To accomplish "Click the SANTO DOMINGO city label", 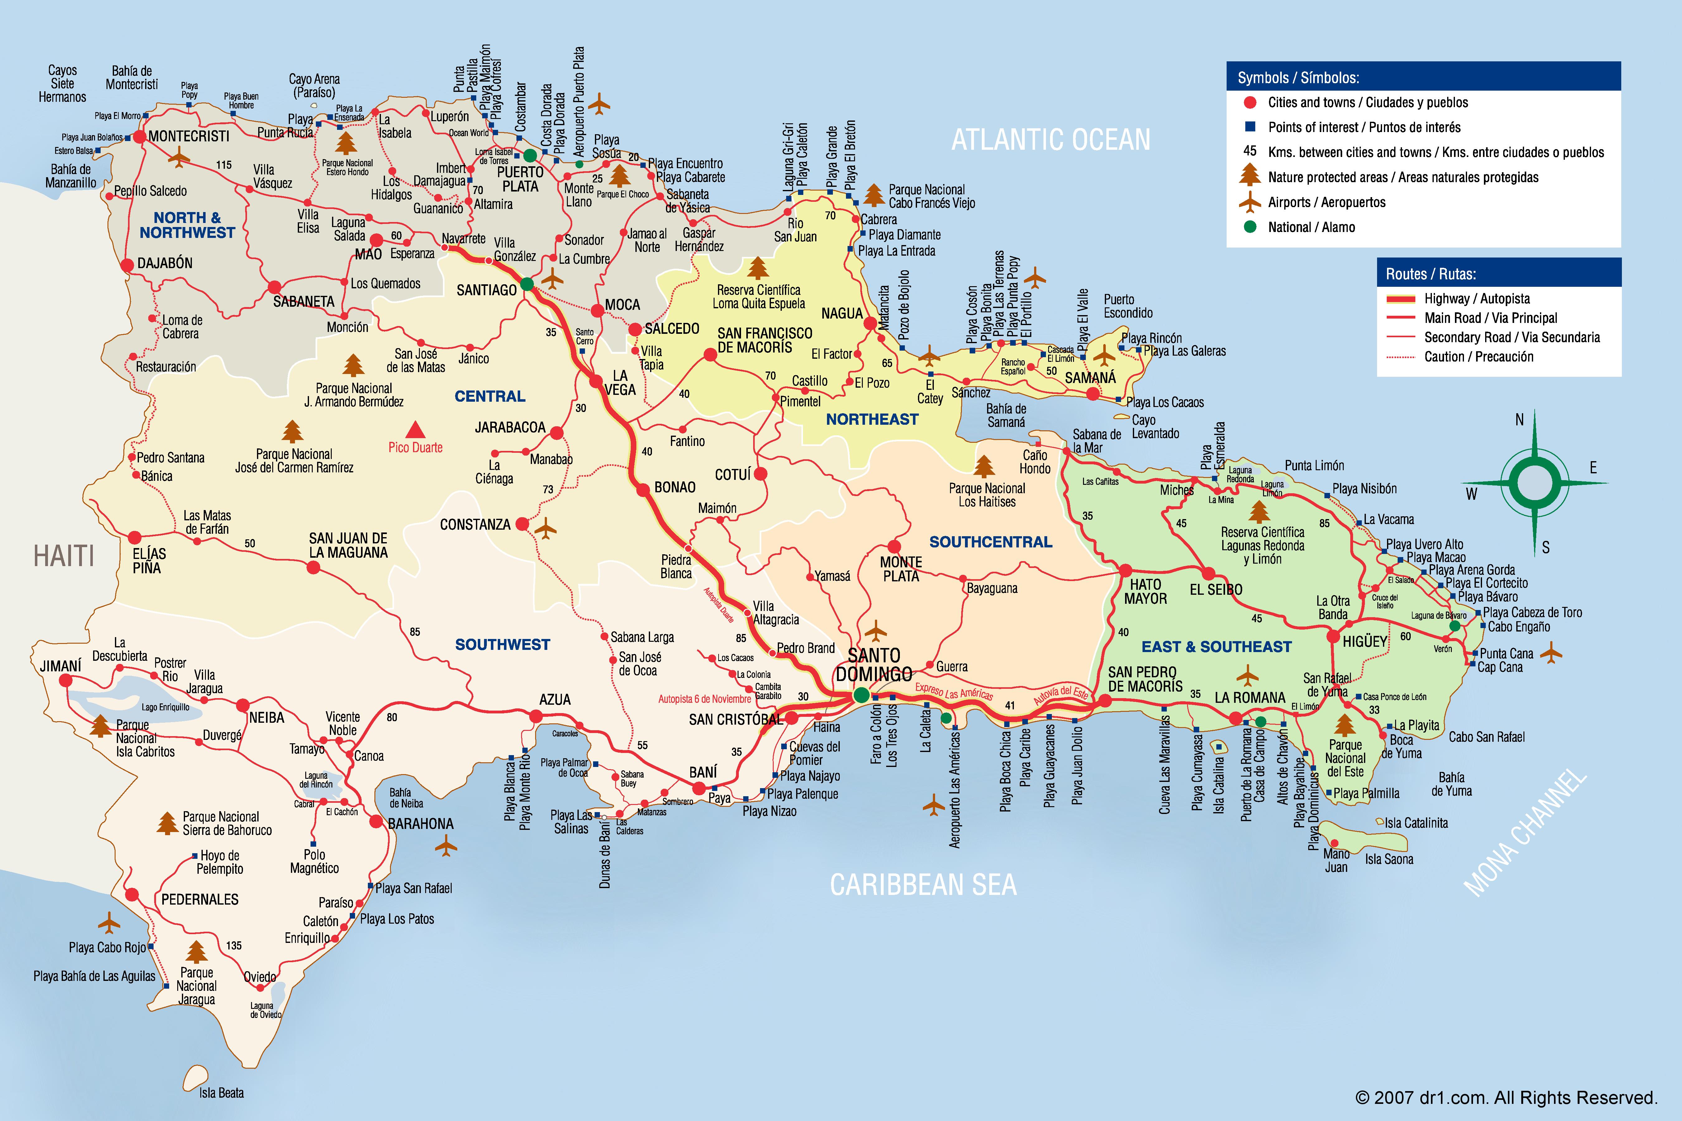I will click(874, 665).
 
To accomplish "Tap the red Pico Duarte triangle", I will click(416, 430).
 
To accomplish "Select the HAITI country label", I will click(64, 556).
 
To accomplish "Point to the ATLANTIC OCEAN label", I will click(1051, 140).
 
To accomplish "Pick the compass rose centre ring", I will click(1534, 483).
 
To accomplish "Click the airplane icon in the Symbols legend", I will click(1249, 202).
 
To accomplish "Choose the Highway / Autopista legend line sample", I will click(1400, 299).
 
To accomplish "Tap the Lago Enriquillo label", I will click(165, 707).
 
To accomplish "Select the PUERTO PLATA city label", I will click(520, 179).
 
